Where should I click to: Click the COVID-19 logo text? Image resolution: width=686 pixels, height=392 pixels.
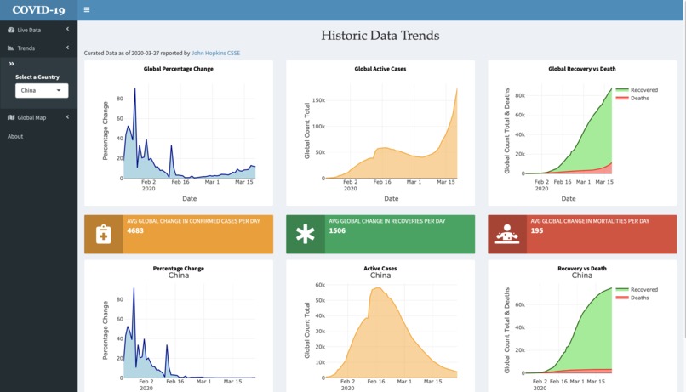38,10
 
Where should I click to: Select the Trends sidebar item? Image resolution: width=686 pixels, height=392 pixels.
26,48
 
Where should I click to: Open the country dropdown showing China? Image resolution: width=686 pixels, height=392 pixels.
42,90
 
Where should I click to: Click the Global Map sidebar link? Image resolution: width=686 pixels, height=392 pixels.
31,117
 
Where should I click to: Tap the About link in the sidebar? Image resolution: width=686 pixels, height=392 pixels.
15,136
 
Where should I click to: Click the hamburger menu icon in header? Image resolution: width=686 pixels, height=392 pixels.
86,10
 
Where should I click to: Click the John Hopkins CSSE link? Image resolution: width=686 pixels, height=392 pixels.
215,54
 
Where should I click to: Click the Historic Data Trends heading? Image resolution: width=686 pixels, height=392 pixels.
380,36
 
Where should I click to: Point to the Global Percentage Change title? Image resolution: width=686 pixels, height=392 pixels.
179,69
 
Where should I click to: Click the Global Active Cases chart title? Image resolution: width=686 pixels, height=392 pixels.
380,69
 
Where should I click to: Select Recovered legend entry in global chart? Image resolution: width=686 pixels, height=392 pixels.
644,89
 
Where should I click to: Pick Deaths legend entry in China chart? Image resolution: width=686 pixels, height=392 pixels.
640,298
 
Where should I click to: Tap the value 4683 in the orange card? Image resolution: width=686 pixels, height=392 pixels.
134,230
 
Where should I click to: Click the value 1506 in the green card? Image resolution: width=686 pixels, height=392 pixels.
337,230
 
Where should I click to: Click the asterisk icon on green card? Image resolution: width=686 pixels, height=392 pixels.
305,235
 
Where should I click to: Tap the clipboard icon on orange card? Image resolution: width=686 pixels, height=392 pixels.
103,235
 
